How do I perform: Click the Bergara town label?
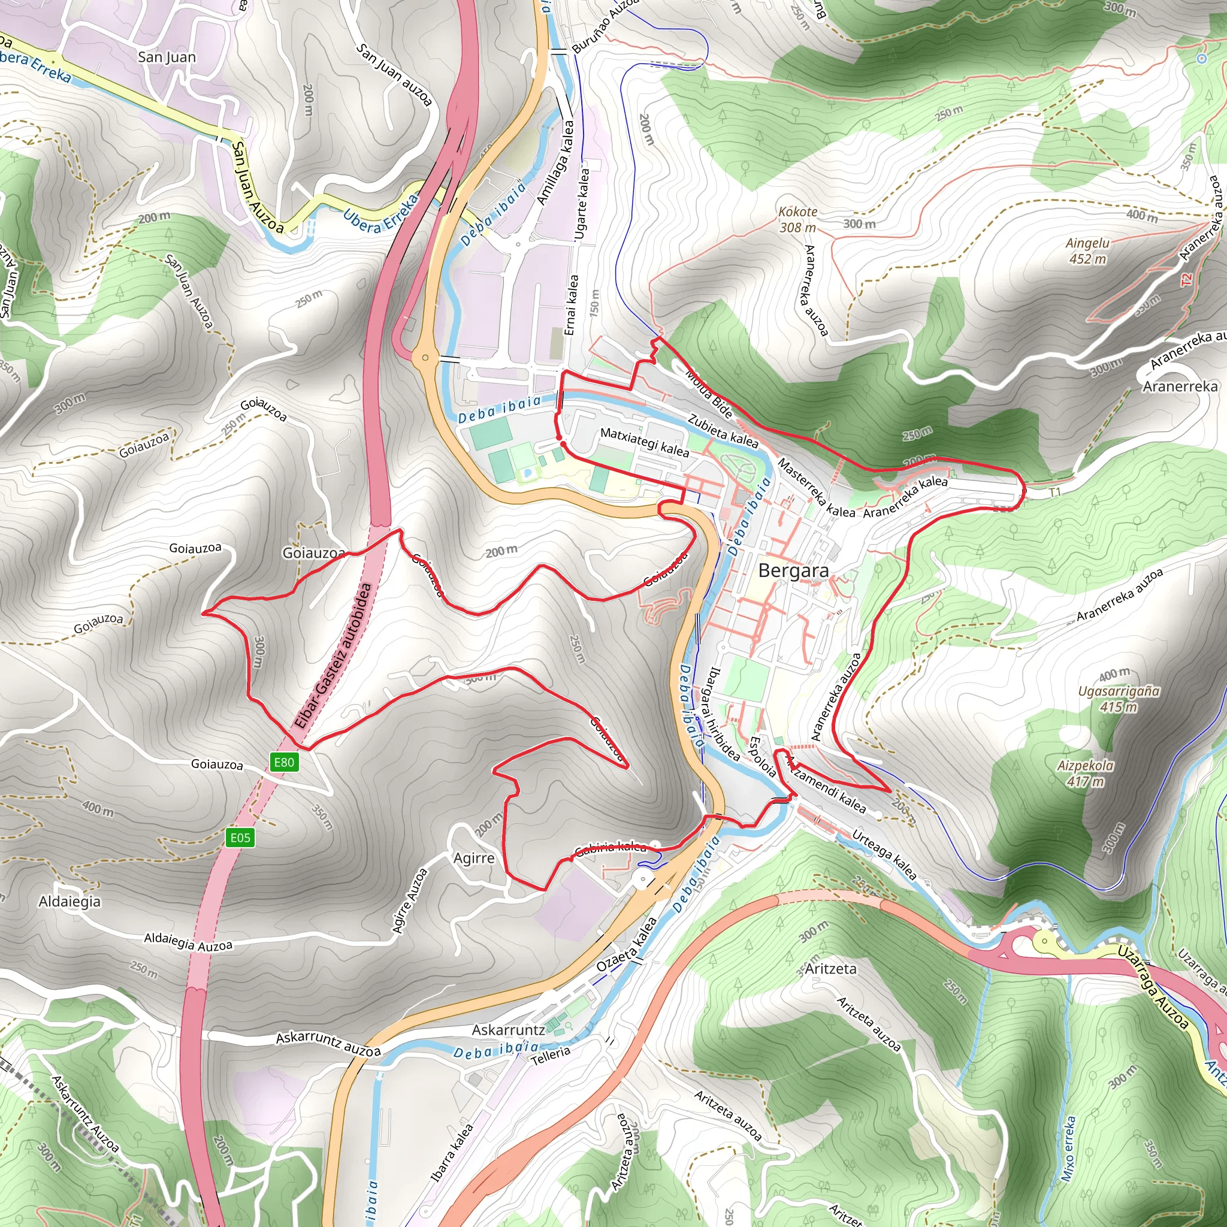click(793, 570)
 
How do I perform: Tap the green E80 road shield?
click(284, 762)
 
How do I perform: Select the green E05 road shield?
click(240, 838)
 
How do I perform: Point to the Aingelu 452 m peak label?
click(1087, 251)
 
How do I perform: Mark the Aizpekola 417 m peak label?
click(1085, 773)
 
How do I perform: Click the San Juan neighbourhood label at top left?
click(167, 57)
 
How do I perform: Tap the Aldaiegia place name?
click(69, 901)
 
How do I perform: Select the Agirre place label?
click(474, 858)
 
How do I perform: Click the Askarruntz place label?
click(508, 1029)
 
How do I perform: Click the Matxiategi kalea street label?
click(644, 442)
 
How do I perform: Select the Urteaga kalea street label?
click(884, 854)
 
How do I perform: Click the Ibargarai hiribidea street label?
click(723, 712)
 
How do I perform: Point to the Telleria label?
click(550, 1056)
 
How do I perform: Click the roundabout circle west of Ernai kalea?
click(425, 358)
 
